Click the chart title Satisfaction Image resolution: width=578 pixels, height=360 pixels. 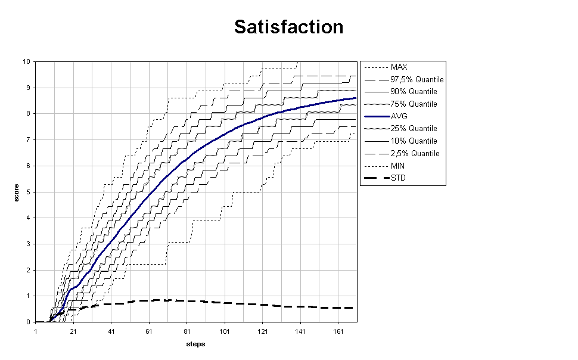click(x=288, y=27)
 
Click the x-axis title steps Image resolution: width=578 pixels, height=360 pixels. click(x=195, y=344)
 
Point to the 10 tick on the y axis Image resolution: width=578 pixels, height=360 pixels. click(x=27, y=61)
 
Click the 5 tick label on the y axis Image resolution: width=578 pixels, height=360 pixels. click(x=29, y=192)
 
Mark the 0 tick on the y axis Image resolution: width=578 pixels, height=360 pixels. click(x=29, y=322)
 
